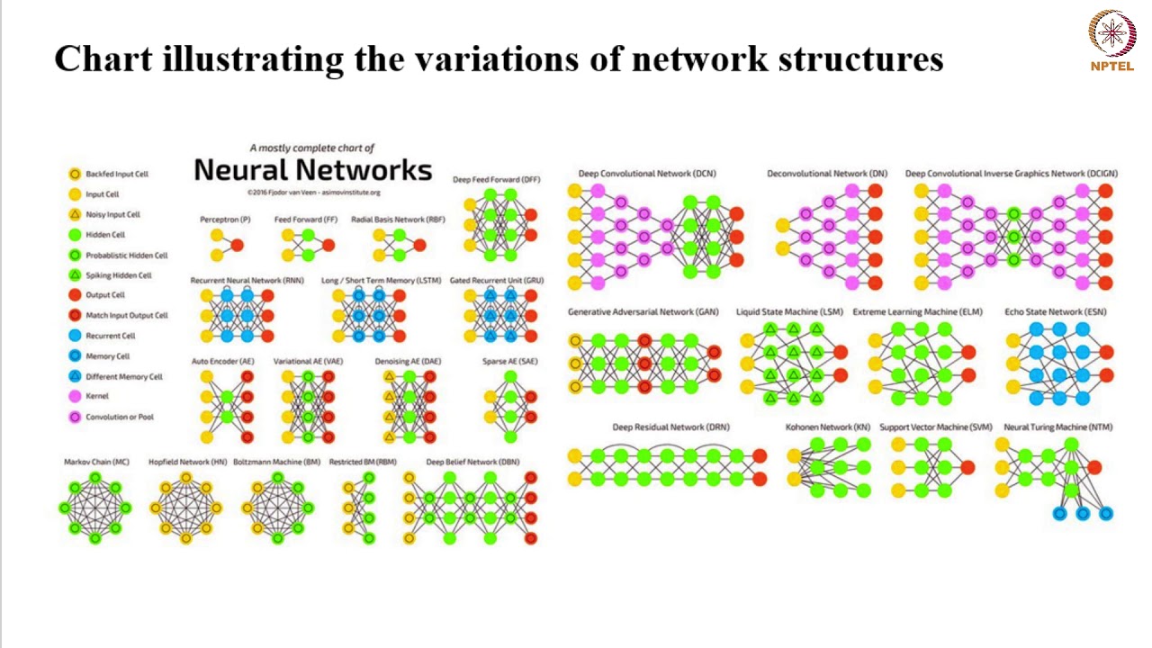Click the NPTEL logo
[1112, 40]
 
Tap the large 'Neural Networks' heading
[312, 170]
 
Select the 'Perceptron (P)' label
[225, 220]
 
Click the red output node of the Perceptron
[237, 245]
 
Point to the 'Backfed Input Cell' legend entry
[116, 174]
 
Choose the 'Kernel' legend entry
[97, 396]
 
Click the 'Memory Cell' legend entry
[107, 356]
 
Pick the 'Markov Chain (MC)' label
[96, 462]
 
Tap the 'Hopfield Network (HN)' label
[187, 462]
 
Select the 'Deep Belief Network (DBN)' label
[472, 462]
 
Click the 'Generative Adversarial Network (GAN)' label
[643, 312]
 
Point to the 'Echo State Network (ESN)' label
[1056, 312]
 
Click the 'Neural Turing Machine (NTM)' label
[1057, 427]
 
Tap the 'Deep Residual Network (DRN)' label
[670, 427]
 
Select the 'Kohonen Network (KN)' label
[828, 427]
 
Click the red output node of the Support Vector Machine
[967, 468]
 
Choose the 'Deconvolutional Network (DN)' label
[826, 174]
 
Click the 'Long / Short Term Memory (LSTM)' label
[381, 281]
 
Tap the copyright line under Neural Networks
[313, 192]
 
